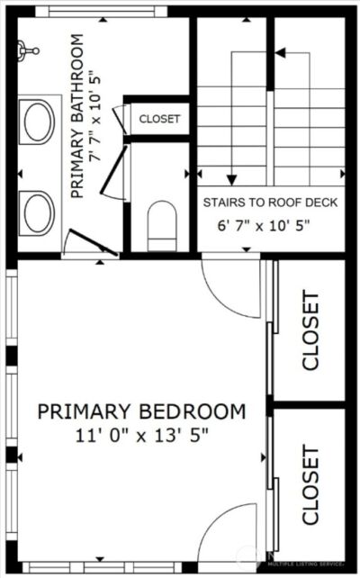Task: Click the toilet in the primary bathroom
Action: click(x=162, y=224)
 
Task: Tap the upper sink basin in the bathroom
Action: click(x=39, y=122)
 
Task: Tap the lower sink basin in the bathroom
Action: click(x=39, y=212)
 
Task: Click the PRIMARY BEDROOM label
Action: click(x=141, y=412)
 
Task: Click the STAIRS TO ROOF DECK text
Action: click(x=270, y=203)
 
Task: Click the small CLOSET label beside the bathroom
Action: click(x=159, y=119)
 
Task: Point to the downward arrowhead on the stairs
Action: click(x=231, y=177)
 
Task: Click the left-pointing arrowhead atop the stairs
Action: click(x=279, y=53)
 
